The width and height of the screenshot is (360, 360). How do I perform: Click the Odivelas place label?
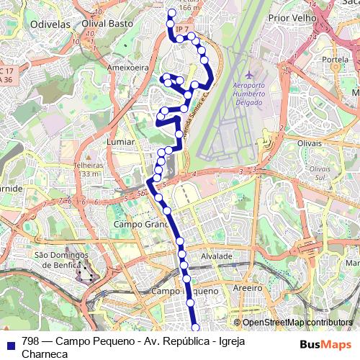point(49,24)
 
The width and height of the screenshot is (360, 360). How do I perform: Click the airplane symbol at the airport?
point(249,74)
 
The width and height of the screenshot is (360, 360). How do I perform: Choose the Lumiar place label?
point(120,143)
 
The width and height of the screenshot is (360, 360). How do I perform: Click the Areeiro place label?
point(247,287)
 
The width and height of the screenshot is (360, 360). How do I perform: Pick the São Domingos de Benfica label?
point(60,260)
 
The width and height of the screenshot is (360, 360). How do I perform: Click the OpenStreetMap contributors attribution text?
point(297,323)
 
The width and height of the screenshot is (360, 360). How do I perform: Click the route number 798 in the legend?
point(31,341)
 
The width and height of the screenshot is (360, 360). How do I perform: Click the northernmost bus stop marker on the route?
point(171,12)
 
